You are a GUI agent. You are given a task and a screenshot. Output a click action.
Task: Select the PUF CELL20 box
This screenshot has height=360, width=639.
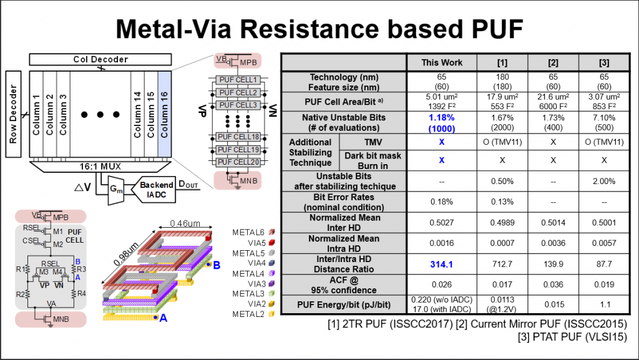[237, 162]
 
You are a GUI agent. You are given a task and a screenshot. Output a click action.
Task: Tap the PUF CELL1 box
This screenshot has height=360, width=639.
[237, 80]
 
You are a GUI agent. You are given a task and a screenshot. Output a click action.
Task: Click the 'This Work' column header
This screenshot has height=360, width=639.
[442, 62]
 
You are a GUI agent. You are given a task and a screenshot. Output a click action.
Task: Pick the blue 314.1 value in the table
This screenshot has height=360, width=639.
[442, 265]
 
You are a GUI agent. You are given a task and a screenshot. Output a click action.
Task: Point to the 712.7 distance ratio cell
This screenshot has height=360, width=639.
[502, 265]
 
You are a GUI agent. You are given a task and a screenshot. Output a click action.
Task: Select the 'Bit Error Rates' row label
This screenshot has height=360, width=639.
[343, 202]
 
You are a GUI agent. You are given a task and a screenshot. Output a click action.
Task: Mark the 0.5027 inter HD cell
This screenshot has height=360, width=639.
[442, 223]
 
